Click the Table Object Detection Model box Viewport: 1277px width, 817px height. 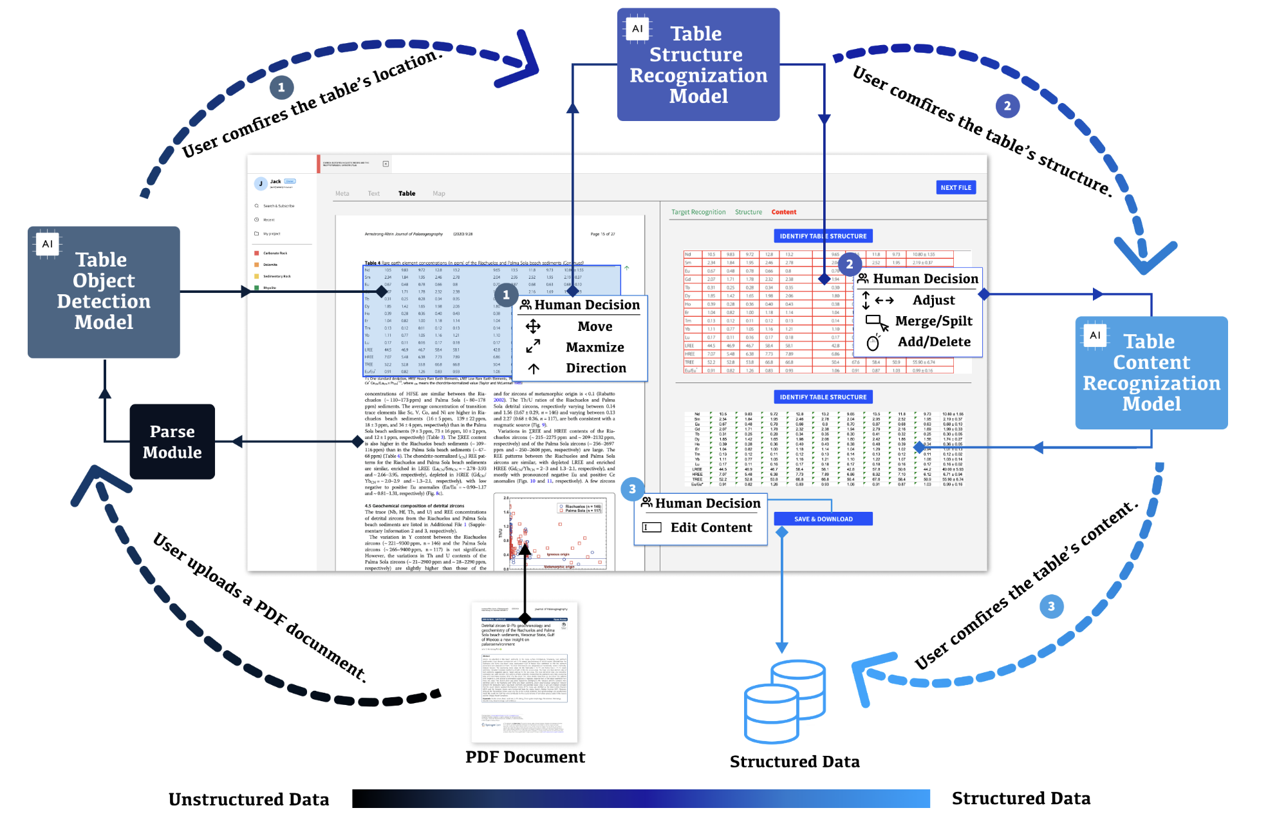pyautogui.click(x=104, y=292)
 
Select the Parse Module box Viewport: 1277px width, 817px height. pyautogui.click(x=172, y=442)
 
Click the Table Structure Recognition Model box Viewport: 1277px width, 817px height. pyautogui.click(x=698, y=64)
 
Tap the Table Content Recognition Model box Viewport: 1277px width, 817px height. pyautogui.click(x=1151, y=373)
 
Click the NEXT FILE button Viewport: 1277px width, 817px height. pyautogui.click(x=955, y=187)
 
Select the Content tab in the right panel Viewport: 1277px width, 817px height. pyautogui.click(x=783, y=212)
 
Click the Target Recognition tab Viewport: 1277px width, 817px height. pyautogui.click(x=698, y=212)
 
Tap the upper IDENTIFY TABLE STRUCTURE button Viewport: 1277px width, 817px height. pyautogui.click(x=823, y=236)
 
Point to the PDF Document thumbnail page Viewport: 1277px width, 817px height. pyautogui.click(x=525, y=671)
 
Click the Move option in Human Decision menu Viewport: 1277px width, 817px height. pyautogui.click(x=594, y=326)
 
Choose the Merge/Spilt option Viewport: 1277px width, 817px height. pyautogui.click(x=933, y=321)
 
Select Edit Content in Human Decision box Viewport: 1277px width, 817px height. pyautogui.click(x=710, y=527)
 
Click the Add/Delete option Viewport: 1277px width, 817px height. pyautogui.click(x=933, y=342)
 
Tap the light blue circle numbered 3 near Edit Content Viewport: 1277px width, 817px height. pyautogui.click(x=632, y=489)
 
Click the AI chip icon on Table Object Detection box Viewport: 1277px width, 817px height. pyautogui.click(x=48, y=244)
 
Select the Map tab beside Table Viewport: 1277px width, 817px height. pyautogui.click(x=438, y=193)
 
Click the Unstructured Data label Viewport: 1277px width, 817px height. pyautogui.click(x=248, y=799)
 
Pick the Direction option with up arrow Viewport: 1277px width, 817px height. pyautogui.click(x=595, y=368)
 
